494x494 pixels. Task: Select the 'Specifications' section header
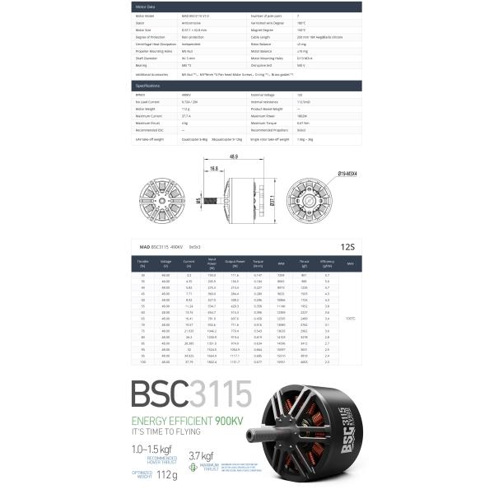pyautogui.click(x=148, y=86)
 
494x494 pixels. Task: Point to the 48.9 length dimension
pyautogui.click(x=234, y=156)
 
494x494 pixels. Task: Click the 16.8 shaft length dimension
pyautogui.click(x=214, y=168)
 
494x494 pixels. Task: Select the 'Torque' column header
pyautogui.click(x=259, y=263)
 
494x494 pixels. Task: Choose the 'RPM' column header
pyautogui.click(x=281, y=263)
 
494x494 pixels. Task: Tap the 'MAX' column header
pyautogui.click(x=350, y=263)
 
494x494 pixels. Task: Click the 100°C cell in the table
pyautogui.click(x=350, y=318)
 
